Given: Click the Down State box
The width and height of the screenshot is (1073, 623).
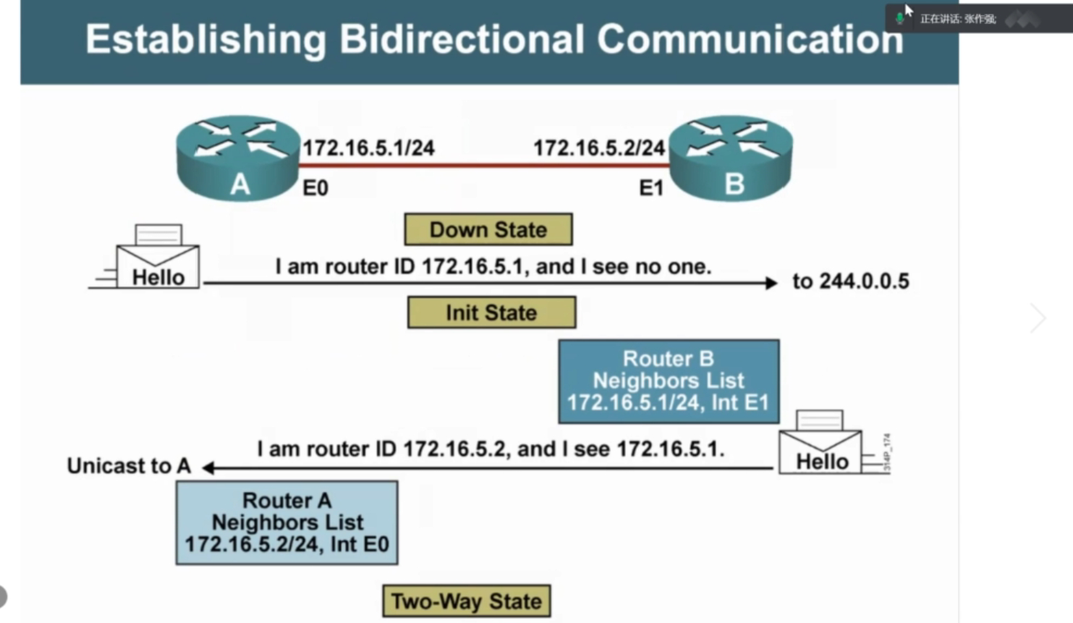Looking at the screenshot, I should point(488,229).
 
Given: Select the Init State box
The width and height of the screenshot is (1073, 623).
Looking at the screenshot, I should point(491,313).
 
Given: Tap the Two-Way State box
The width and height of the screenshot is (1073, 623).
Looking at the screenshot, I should point(466,601).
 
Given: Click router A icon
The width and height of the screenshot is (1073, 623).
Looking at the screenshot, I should point(238,157).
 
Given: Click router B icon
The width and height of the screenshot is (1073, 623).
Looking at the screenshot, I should point(731,157).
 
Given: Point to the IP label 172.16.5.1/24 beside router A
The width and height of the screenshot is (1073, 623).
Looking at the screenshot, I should point(368,148).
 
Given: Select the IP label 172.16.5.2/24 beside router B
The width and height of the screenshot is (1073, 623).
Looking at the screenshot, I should point(599,148).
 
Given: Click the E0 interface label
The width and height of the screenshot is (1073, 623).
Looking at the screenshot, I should point(315,188).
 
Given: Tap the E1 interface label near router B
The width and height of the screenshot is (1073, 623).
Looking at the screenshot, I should point(651,188).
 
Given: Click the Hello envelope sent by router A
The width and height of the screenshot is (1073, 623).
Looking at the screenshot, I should point(157,260).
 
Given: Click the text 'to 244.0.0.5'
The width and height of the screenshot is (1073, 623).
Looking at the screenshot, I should point(851,281).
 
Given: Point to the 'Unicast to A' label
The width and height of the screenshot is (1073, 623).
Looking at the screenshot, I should point(129,466).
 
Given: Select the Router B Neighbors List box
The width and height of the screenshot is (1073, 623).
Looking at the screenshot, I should point(669,381).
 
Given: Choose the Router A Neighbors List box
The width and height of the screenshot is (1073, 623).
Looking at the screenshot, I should point(287,522).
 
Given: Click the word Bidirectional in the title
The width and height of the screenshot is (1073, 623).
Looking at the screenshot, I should point(461,39).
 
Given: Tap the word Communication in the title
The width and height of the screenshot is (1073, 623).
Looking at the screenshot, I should point(750,39).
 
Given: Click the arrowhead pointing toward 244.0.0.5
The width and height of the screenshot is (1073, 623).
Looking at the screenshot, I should point(771,283).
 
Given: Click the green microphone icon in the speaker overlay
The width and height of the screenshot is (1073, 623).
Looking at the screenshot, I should point(899,18).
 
